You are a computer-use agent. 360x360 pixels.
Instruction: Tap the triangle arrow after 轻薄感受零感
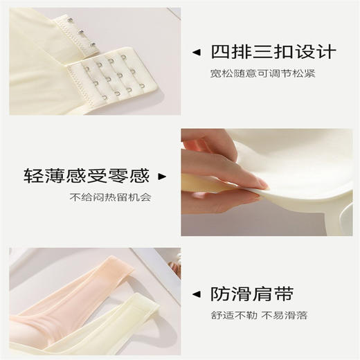pyautogui.click(x=164, y=176)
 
